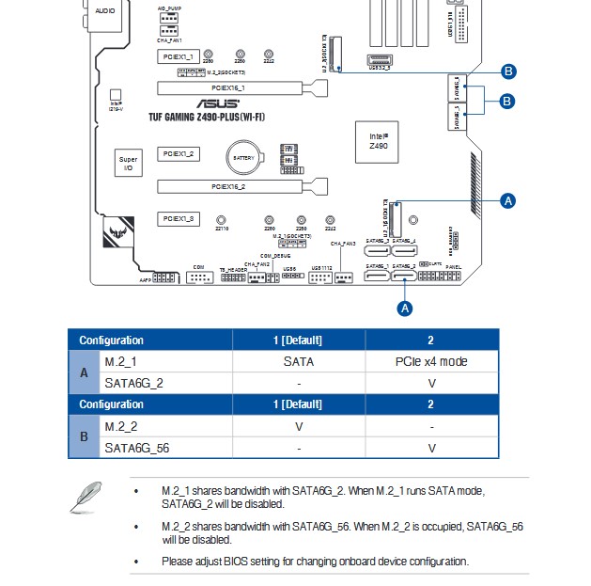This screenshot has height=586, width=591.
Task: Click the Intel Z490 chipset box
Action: [x=378, y=140]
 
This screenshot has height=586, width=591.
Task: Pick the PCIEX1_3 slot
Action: [x=178, y=218]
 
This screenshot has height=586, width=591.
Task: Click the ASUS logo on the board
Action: [x=218, y=104]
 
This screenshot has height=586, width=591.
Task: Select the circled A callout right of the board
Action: [x=508, y=200]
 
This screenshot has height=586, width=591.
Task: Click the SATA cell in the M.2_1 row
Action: [x=298, y=361]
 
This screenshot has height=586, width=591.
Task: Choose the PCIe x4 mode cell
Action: [x=431, y=361]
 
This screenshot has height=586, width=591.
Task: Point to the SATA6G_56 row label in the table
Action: [x=137, y=448]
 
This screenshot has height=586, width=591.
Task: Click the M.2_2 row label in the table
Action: [x=122, y=426]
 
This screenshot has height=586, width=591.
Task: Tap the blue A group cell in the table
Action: [x=84, y=372]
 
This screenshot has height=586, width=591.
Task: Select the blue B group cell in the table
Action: [x=84, y=436]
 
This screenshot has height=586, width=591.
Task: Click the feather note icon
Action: [x=86, y=496]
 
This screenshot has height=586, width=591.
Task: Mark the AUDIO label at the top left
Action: [x=106, y=11]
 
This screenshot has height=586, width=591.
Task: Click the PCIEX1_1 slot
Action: [x=178, y=57]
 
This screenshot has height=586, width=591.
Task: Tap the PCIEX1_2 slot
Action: [x=178, y=152]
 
